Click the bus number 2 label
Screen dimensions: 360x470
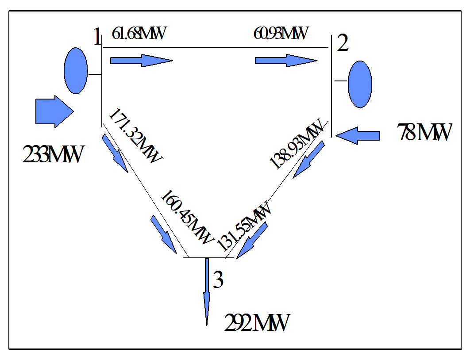pyautogui.click(x=343, y=43)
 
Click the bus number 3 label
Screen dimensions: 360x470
pyautogui.click(x=218, y=280)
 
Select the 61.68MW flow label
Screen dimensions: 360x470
pyautogui.click(x=139, y=34)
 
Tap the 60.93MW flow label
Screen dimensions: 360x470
pyautogui.click(x=281, y=34)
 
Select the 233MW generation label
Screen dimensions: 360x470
pyautogui.click(x=53, y=155)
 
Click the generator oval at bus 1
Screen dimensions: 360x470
pyautogui.click(x=75, y=71)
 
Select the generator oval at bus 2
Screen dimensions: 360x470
pyautogui.click(x=360, y=84)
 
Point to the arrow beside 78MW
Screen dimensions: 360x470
pyautogui.click(x=358, y=135)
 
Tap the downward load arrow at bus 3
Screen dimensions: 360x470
pyautogui.click(x=207, y=292)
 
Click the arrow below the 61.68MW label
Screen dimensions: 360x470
pyautogui.click(x=141, y=60)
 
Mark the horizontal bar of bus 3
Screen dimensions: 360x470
pyautogui.click(x=208, y=257)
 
